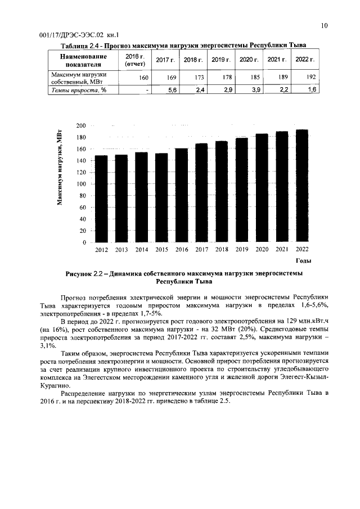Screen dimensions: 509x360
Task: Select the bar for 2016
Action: click(182, 195)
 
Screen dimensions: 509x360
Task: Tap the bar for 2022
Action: click(302, 186)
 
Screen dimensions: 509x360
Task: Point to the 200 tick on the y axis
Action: click(82, 125)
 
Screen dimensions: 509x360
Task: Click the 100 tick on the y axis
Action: click(82, 184)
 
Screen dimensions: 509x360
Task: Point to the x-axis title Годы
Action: click(303, 261)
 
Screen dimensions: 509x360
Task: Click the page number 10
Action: click(325, 25)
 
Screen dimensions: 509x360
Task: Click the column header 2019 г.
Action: click(220, 60)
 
